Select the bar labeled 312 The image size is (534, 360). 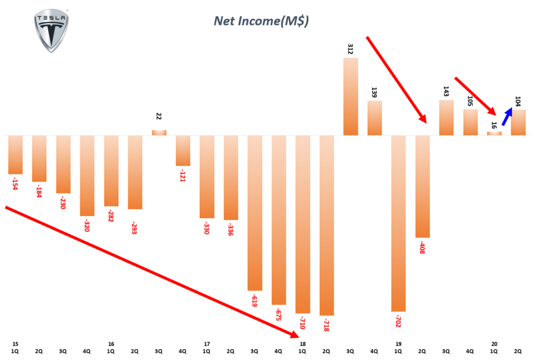[350, 97]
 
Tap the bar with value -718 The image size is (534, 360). [327, 225]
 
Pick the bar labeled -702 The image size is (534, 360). [399, 223]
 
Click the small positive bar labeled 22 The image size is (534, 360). [159, 133]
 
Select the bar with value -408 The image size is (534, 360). [423, 186]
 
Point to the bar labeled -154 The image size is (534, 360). [16, 154]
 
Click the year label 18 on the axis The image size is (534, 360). [302, 344]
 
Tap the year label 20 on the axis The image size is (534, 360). [494, 344]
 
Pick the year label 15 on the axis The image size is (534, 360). [15, 344]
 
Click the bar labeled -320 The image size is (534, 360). [87, 175]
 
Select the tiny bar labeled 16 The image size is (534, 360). [494, 134]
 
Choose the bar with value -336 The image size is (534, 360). [231, 177]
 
